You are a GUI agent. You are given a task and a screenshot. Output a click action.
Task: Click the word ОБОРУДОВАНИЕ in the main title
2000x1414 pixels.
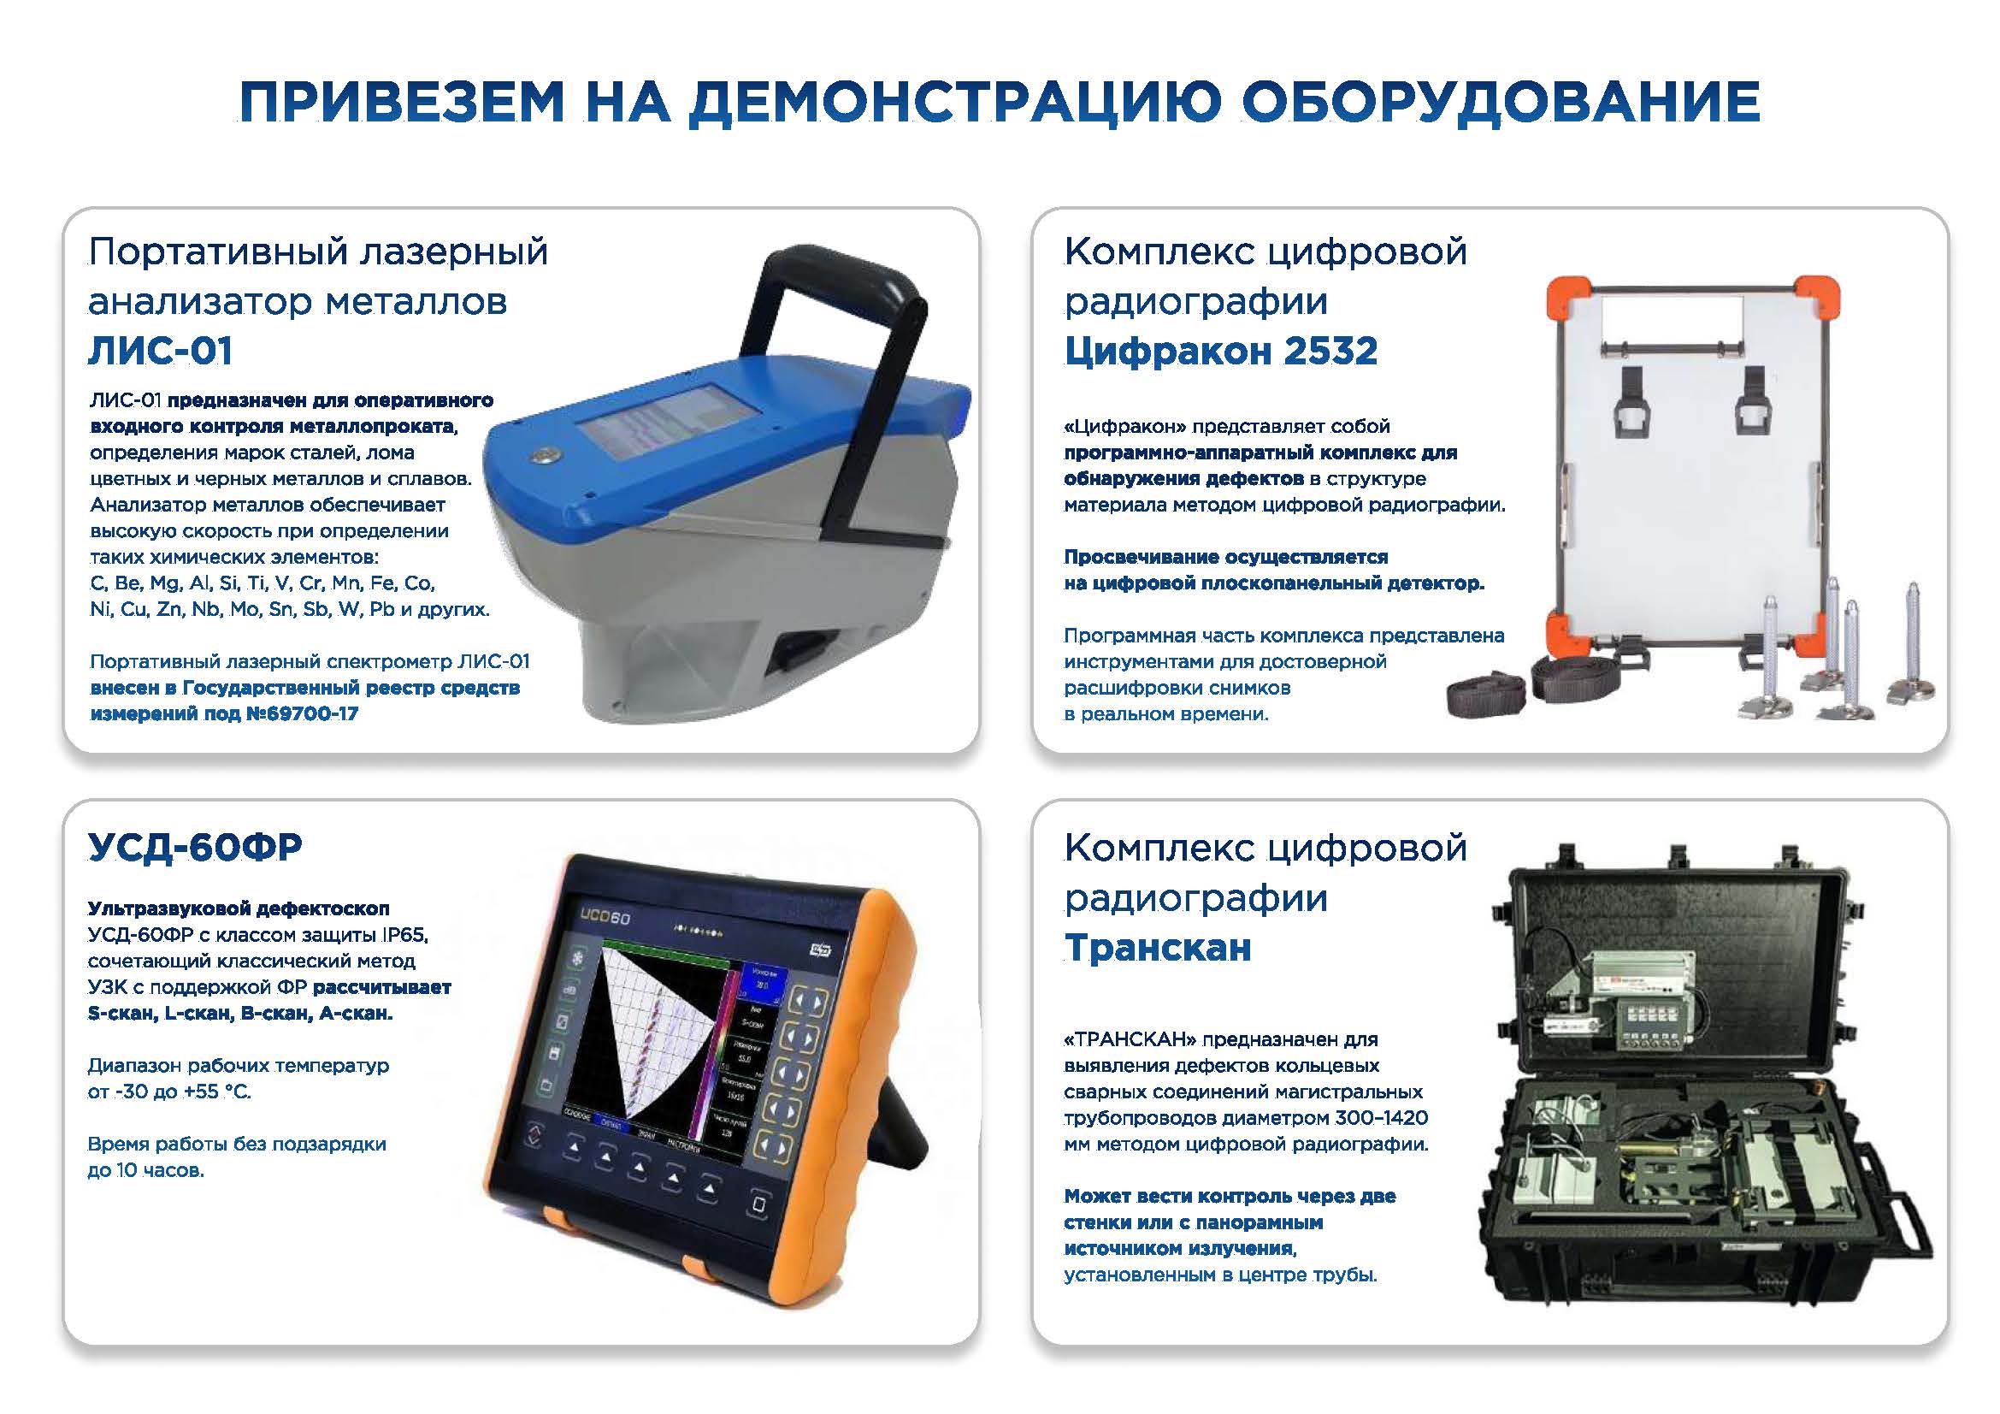(x=1500, y=101)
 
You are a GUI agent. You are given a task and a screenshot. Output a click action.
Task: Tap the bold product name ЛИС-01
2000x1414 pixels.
(x=160, y=351)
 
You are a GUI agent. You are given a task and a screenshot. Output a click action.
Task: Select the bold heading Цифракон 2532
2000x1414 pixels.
(x=1220, y=351)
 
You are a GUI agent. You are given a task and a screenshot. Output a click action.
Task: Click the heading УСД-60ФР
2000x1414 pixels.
(x=195, y=846)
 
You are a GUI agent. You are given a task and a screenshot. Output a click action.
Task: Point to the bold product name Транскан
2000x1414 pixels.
(x=1157, y=947)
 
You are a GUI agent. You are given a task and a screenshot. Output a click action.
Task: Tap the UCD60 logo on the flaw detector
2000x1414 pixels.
(x=605, y=917)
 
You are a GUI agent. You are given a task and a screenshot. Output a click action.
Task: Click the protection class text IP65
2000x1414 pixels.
(x=404, y=935)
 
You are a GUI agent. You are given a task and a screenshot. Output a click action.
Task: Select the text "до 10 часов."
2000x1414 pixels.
(x=145, y=1170)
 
